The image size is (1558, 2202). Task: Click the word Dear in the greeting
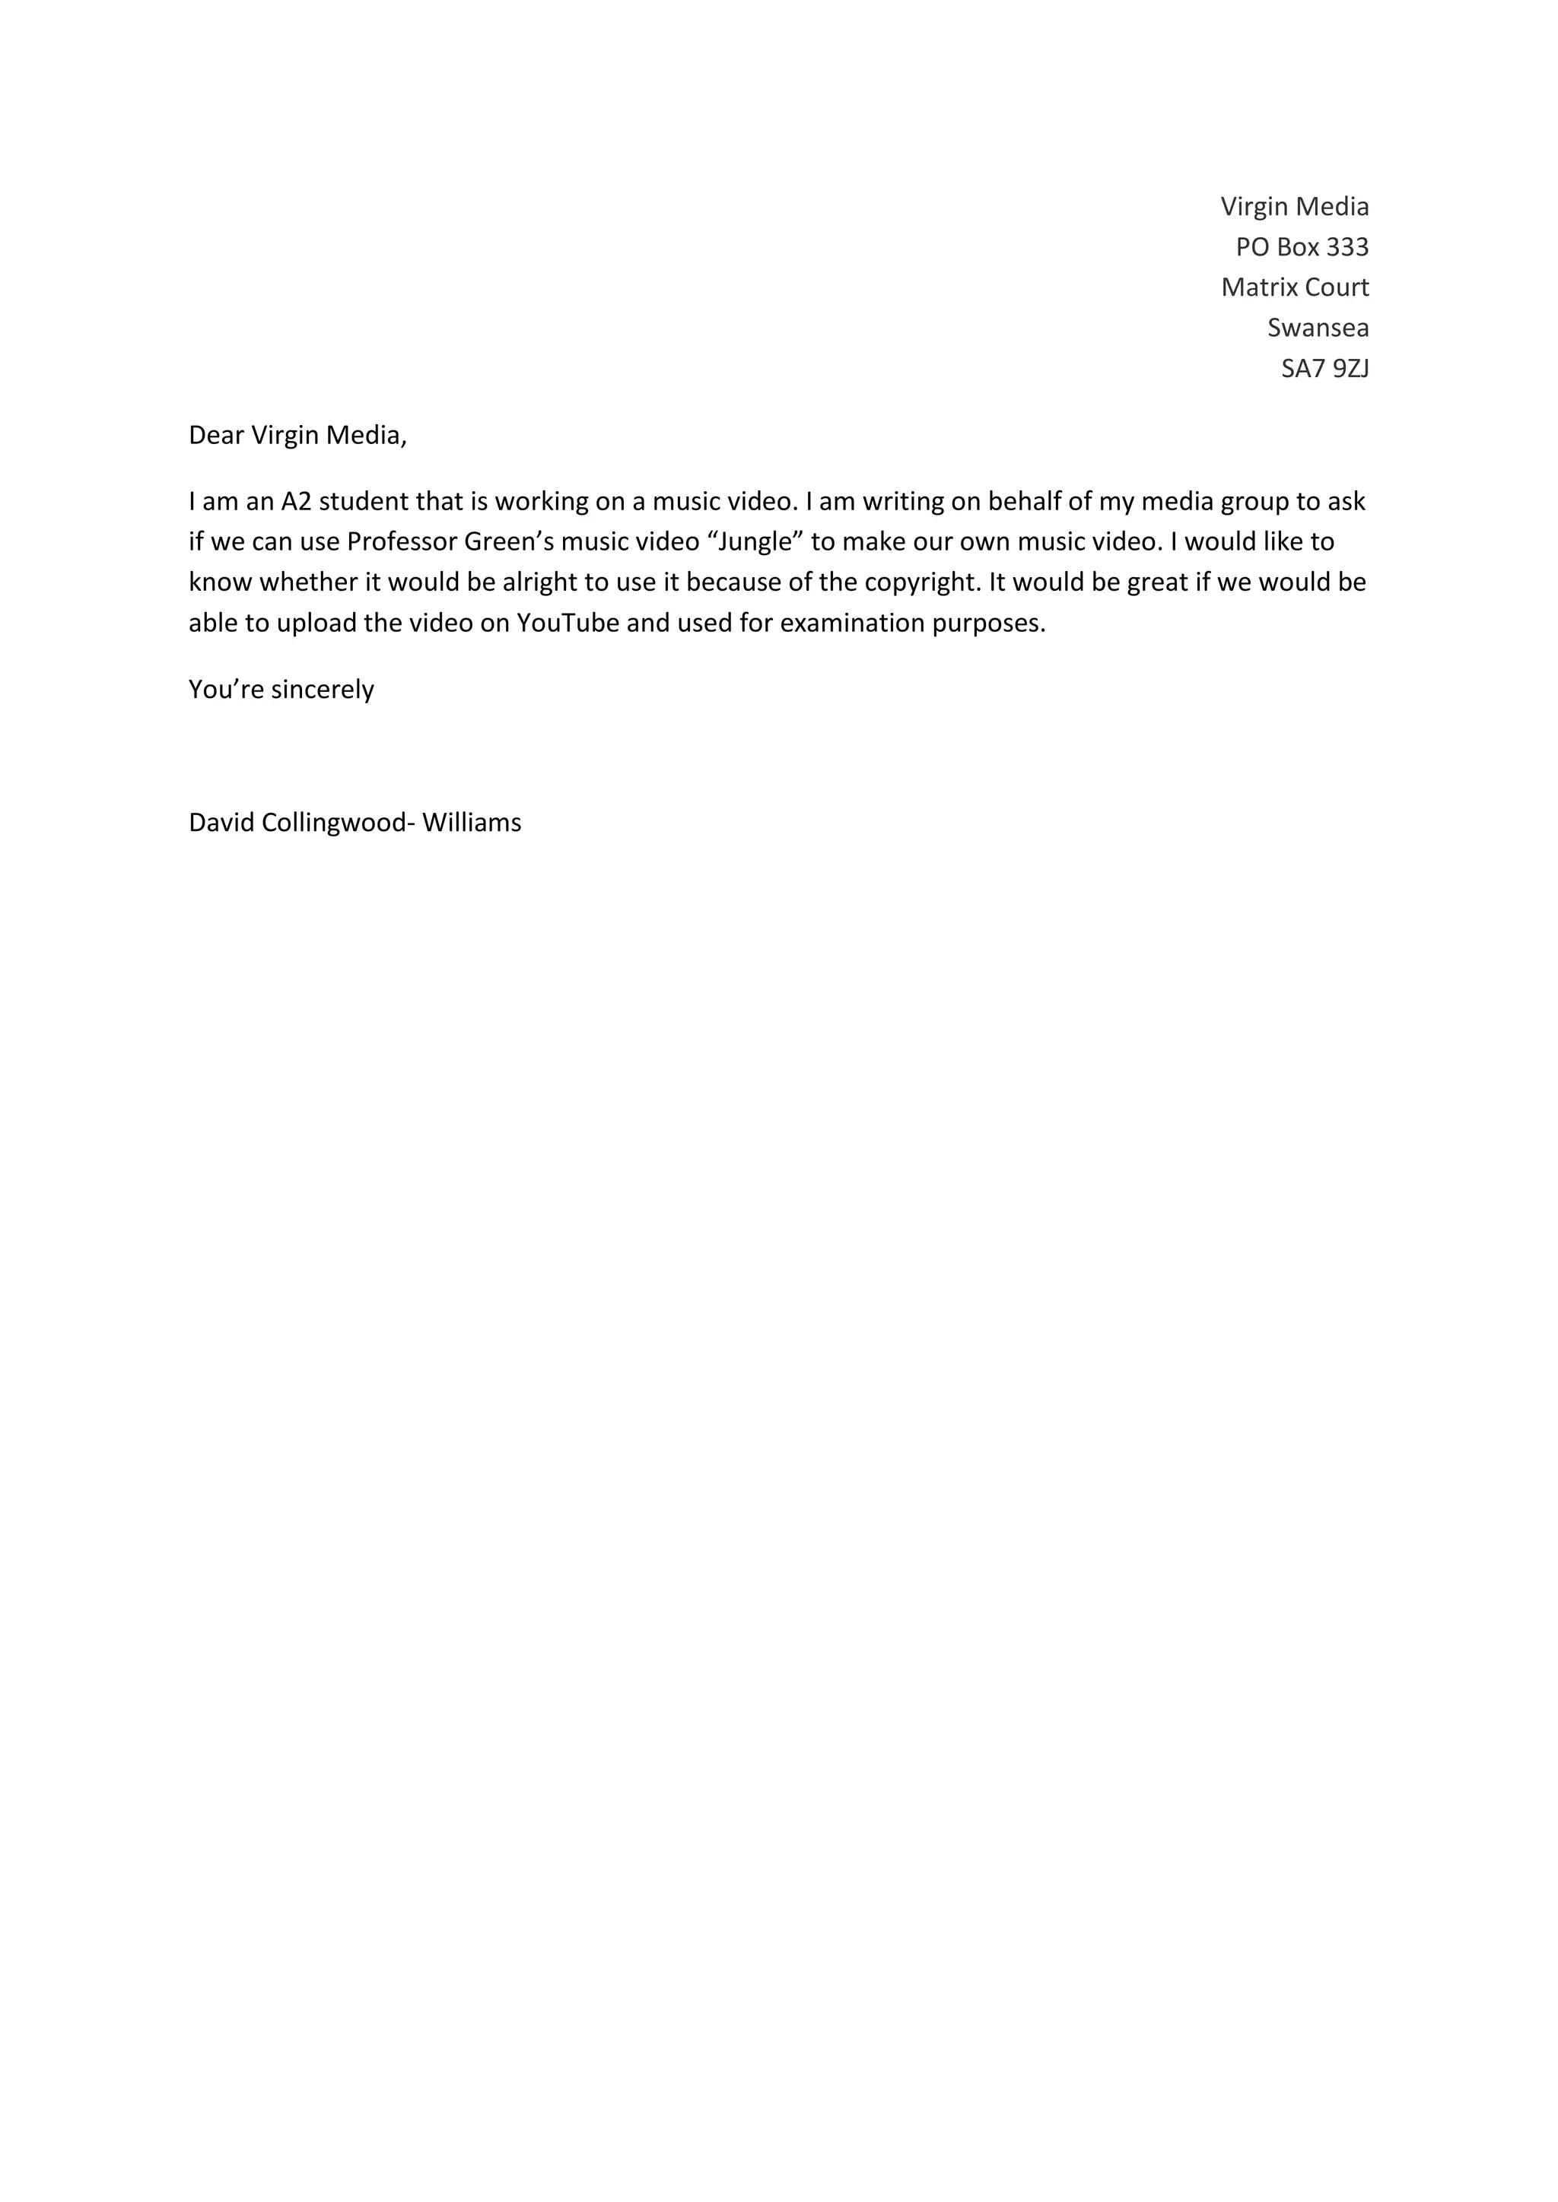216,436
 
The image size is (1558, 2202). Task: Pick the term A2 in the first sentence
297,502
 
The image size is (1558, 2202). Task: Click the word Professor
401,542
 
